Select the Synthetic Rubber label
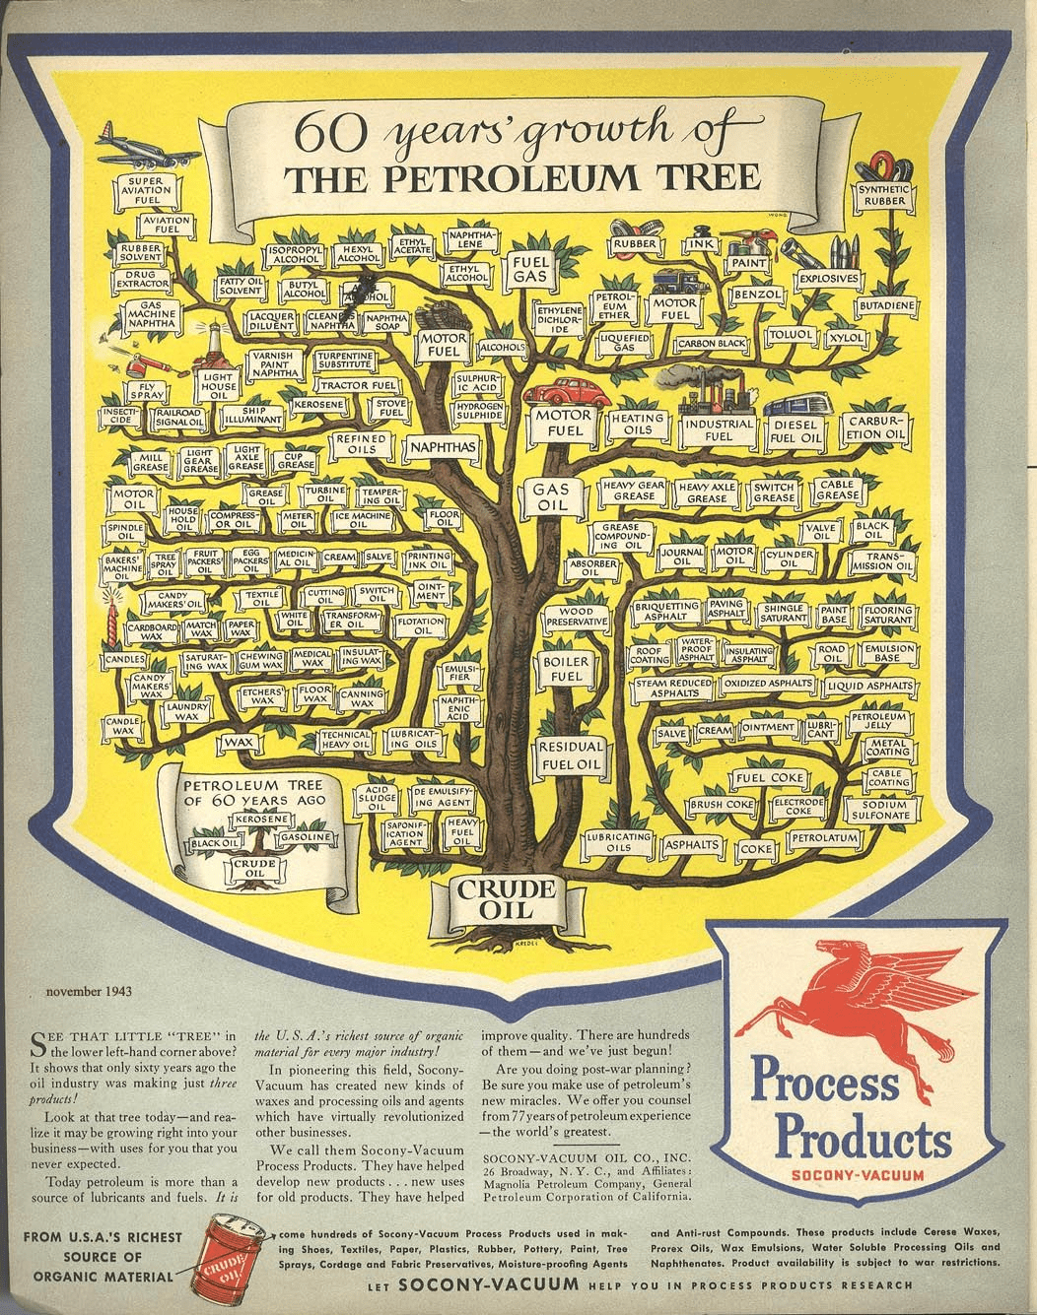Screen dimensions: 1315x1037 click(885, 194)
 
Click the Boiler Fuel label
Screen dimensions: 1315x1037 click(568, 670)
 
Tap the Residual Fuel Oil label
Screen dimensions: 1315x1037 click(569, 756)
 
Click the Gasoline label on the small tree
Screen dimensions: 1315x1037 click(304, 836)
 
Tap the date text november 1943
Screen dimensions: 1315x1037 click(89, 992)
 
